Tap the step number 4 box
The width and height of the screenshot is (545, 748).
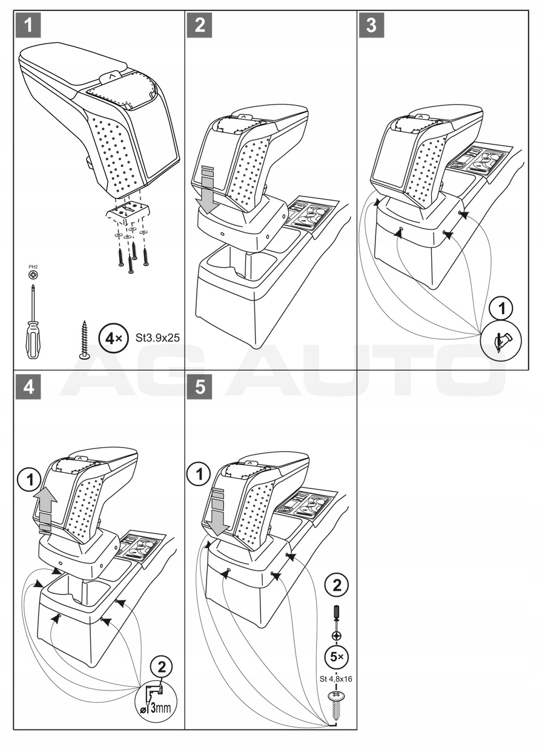[28, 388]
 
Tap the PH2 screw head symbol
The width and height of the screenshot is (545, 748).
[31, 275]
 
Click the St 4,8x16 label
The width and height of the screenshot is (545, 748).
[336, 678]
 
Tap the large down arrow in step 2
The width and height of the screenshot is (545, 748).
[207, 189]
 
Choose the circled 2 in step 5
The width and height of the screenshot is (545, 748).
[336, 586]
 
